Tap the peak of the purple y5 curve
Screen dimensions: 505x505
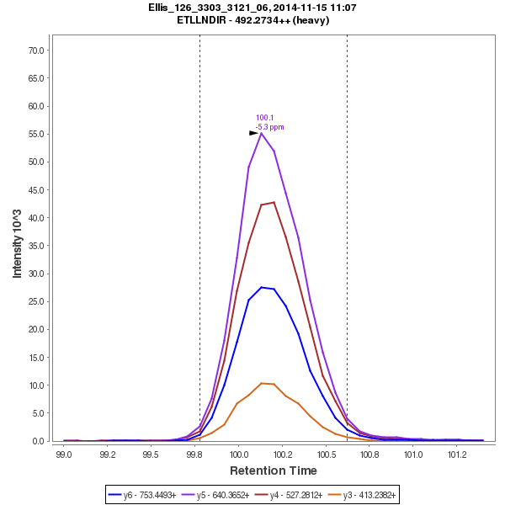click(262, 133)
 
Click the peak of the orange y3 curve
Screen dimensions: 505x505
click(262, 383)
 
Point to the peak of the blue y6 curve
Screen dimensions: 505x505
click(262, 287)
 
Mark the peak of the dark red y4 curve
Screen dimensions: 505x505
click(274, 202)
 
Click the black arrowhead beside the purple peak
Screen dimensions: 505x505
click(253, 133)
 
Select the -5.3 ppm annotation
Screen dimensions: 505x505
click(269, 127)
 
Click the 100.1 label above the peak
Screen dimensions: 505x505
click(264, 118)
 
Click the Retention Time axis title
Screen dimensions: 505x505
click(274, 470)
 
